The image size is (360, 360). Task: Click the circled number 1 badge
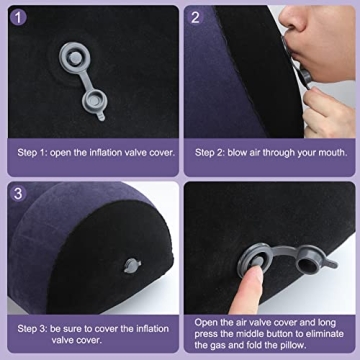tap(19, 17)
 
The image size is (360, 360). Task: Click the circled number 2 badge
tap(197, 17)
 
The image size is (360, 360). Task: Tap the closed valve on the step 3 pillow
tap(132, 267)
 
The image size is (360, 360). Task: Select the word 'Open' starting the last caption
tap(206, 321)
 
